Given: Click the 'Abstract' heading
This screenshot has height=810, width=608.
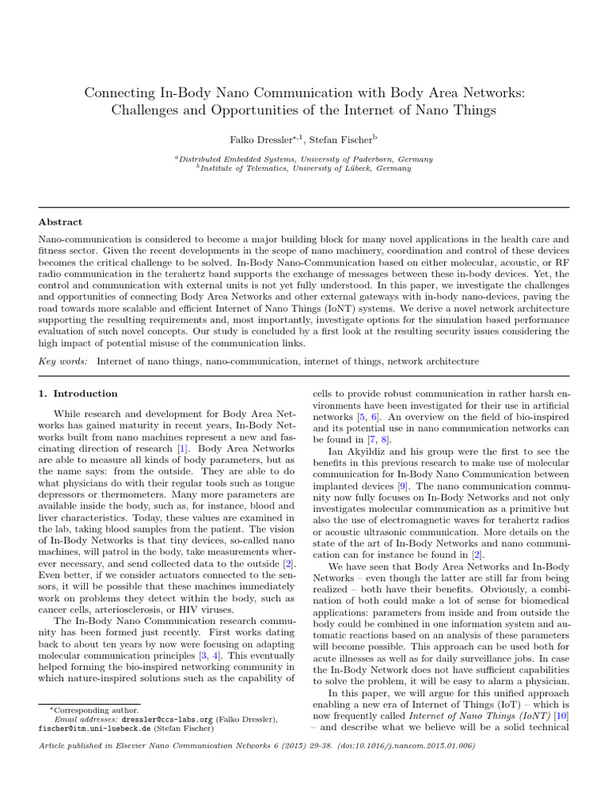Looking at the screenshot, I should click(61, 222).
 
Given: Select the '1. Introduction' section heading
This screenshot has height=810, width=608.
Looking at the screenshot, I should click(78, 393).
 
